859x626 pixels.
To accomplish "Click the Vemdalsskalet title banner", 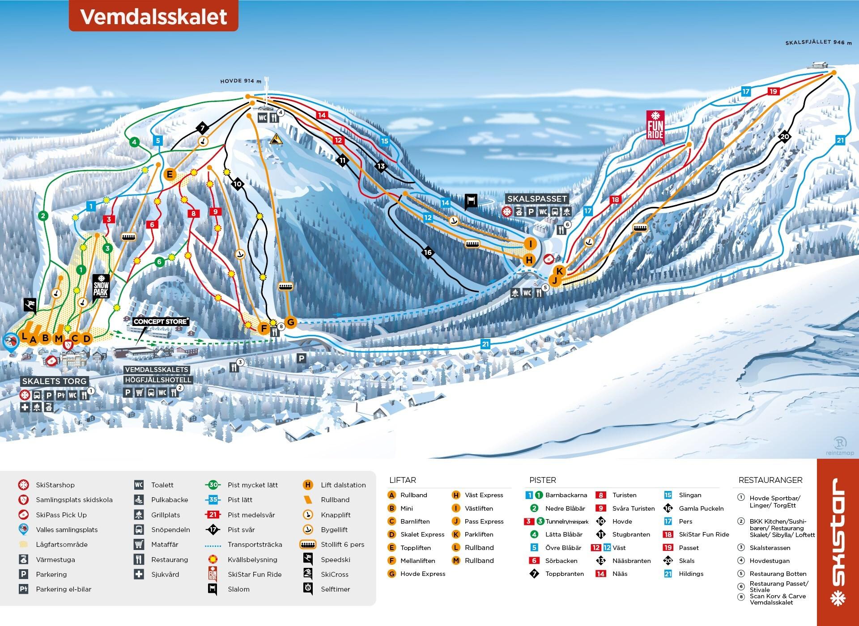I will [153, 17].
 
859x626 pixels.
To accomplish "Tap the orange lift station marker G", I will [290, 322].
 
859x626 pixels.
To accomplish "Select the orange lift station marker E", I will [170, 174].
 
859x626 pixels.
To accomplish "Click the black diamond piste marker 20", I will [785, 137].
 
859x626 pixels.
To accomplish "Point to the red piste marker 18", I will [616, 199].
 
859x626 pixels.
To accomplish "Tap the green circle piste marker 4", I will [134, 143].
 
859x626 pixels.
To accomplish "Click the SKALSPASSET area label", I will [537, 199].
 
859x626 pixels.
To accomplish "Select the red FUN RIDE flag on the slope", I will [655, 126].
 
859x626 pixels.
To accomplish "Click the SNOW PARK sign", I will [101, 286].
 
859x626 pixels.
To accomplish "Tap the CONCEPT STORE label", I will [161, 321].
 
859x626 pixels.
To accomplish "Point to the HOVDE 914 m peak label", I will [240, 81].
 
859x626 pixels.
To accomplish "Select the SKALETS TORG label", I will [54, 381].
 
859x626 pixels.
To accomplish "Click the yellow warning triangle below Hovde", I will [276, 139].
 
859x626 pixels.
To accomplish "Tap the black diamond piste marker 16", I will [428, 252].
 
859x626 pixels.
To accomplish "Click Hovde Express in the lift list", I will [422, 574].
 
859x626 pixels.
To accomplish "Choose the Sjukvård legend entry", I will [165, 574].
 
